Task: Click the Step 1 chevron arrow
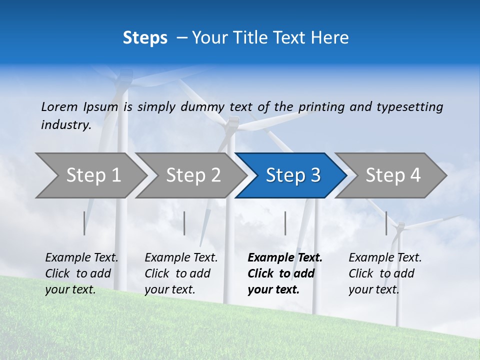click(x=93, y=175)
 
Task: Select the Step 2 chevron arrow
click(x=193, y=175)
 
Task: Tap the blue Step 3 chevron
click(x=293, y=175)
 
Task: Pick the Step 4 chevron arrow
click(x=393, y=175)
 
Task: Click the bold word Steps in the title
click(x=145, y=38)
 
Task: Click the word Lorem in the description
click(x=59, y=106)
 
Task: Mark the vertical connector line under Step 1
click(x=84, y=223)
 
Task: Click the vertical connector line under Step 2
click(x=184, y=223)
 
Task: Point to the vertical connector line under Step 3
click(x=285, y=223)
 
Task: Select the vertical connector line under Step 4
click(x=386, y=223)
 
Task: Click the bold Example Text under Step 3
click(x=285, y=257)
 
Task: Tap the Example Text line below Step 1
click(x=82, y=257)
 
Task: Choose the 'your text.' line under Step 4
click(x=373, y=289)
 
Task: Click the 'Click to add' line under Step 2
click(x=177, y=273)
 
